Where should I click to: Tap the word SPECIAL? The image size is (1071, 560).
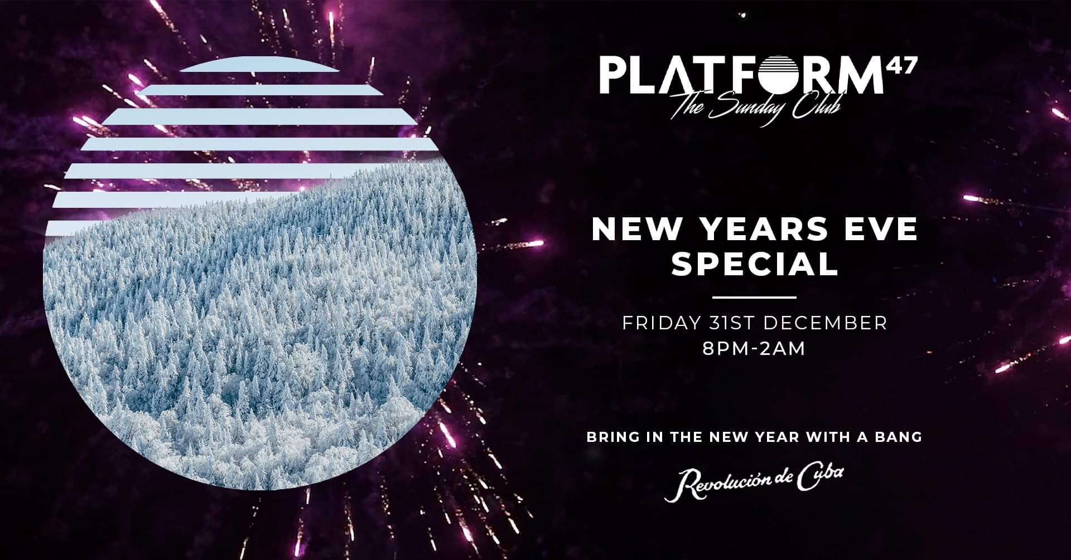point(755,265)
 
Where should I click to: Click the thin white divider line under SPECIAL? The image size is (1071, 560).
point(755,298)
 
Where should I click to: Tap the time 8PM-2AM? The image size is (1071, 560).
point(754,349)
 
